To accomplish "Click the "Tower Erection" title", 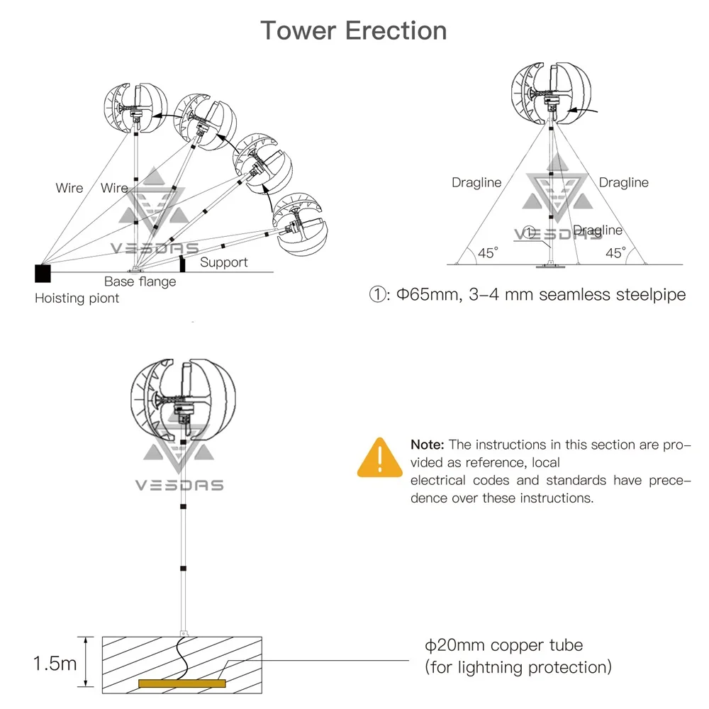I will point(354,31).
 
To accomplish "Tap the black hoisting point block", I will point(43,274).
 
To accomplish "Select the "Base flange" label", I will point(140,281).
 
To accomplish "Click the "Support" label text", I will point(224,262).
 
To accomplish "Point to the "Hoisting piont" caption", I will point(77,298).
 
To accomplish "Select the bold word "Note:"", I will point(428,445).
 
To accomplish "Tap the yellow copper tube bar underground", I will point(182,683).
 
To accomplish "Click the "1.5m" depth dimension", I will point(55,664).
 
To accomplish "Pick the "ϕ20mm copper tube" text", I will point(503,645).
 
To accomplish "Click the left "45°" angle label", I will point(488,253).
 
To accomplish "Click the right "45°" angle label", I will point(616,253).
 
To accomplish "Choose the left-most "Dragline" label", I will point(476,183).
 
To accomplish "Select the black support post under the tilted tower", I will point(182,265).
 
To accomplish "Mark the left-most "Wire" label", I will point(69,189).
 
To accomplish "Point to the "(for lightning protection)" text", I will point(518,667).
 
